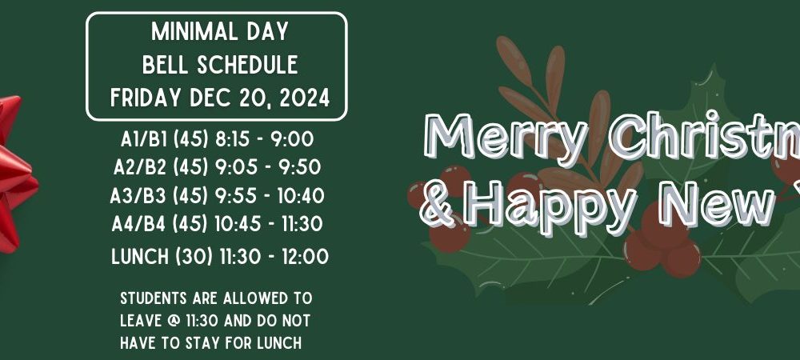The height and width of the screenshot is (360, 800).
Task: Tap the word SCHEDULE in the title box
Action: click(x=247, y=65)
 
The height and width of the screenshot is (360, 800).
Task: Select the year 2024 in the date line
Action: click(x=305, y=98)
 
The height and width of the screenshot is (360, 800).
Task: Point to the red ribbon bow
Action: click(x=15, y=174)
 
